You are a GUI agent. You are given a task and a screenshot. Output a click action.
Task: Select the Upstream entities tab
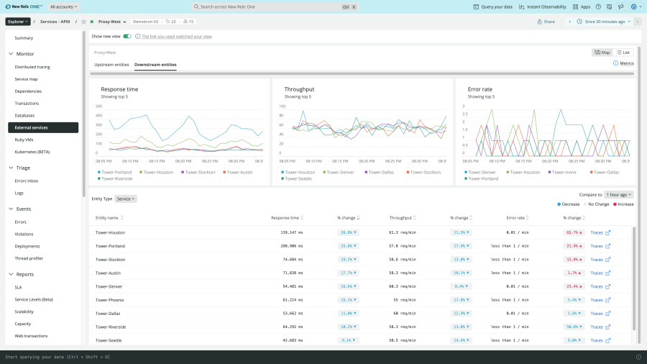click(x=111, y=65)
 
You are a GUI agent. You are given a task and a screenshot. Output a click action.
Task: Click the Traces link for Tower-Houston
click(x=600, y=232)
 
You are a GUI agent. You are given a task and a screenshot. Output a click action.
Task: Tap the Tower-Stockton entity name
click(x=110, y=259)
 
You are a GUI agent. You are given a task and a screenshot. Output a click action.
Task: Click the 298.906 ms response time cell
click(x=291, y=246)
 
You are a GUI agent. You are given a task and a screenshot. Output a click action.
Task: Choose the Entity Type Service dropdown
click(x=126, y=199)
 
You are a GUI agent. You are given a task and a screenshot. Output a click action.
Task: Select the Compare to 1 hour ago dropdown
click(x=619, y=194)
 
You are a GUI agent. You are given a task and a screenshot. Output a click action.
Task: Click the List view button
click(x=623, y=53)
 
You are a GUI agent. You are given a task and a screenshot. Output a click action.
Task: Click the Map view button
click(x=602, y=53)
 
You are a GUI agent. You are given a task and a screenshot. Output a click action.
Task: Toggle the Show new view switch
click(x=127, y=36)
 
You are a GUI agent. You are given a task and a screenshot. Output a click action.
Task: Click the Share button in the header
click(x=546, y=22)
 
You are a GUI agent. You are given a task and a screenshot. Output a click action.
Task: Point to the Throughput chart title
click(x=299, y=89)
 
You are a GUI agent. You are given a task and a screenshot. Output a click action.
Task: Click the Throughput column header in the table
click(x=401, y=217)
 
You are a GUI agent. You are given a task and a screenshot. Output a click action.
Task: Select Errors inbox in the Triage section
click(x=27, y=181)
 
